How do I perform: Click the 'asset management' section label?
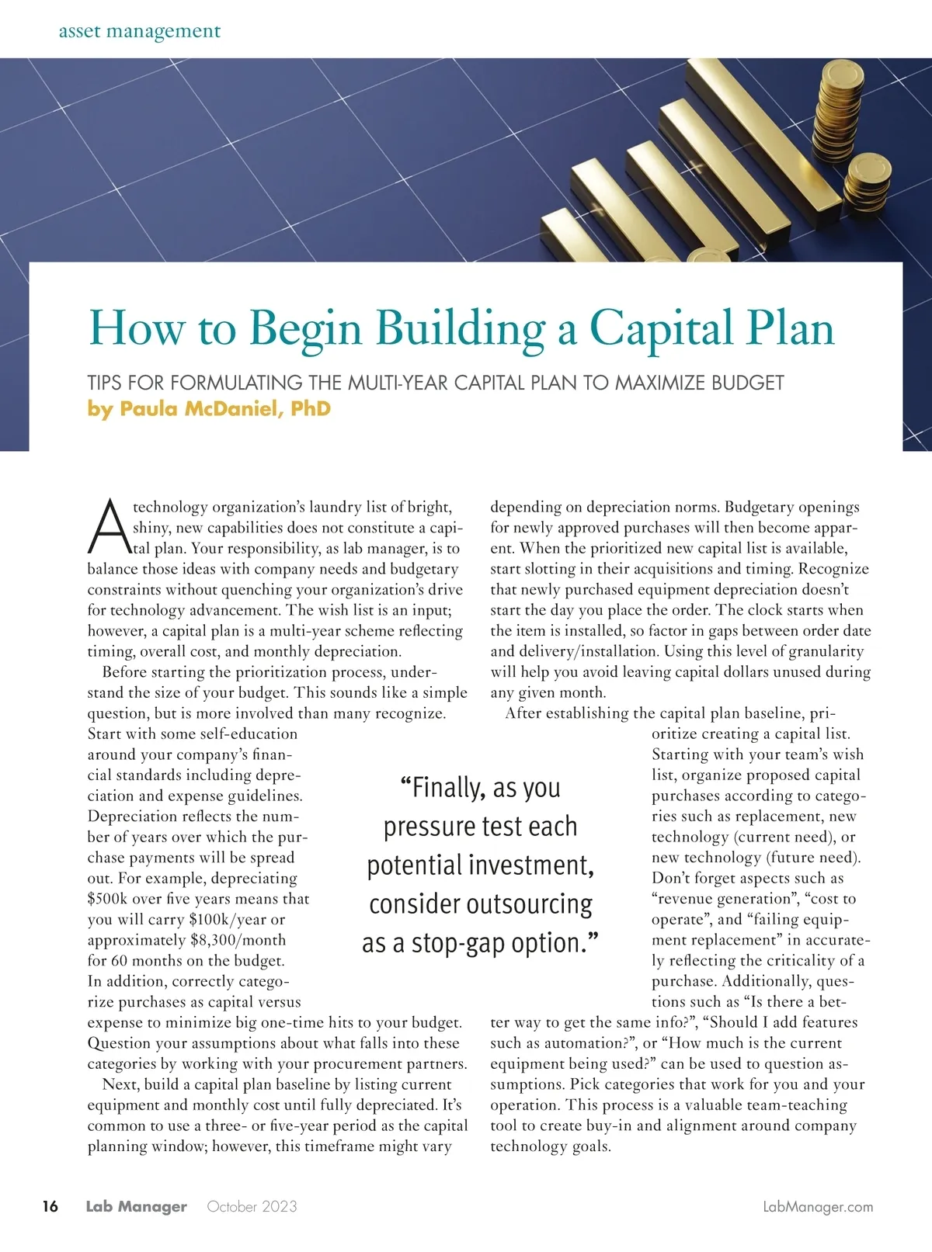[x=139, y=32]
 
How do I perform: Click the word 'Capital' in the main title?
[x=658, y=328]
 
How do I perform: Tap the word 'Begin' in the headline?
[x=305, y=329]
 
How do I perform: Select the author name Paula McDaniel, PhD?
[x=209, y=408]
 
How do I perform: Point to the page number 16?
[x=50, y=1206]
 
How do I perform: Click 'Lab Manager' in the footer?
[x=136, y=1206]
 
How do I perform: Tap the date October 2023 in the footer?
[x=252, y=1206]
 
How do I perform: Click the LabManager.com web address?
[x=818, y=1206]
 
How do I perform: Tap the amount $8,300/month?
[x=238, y=940]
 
